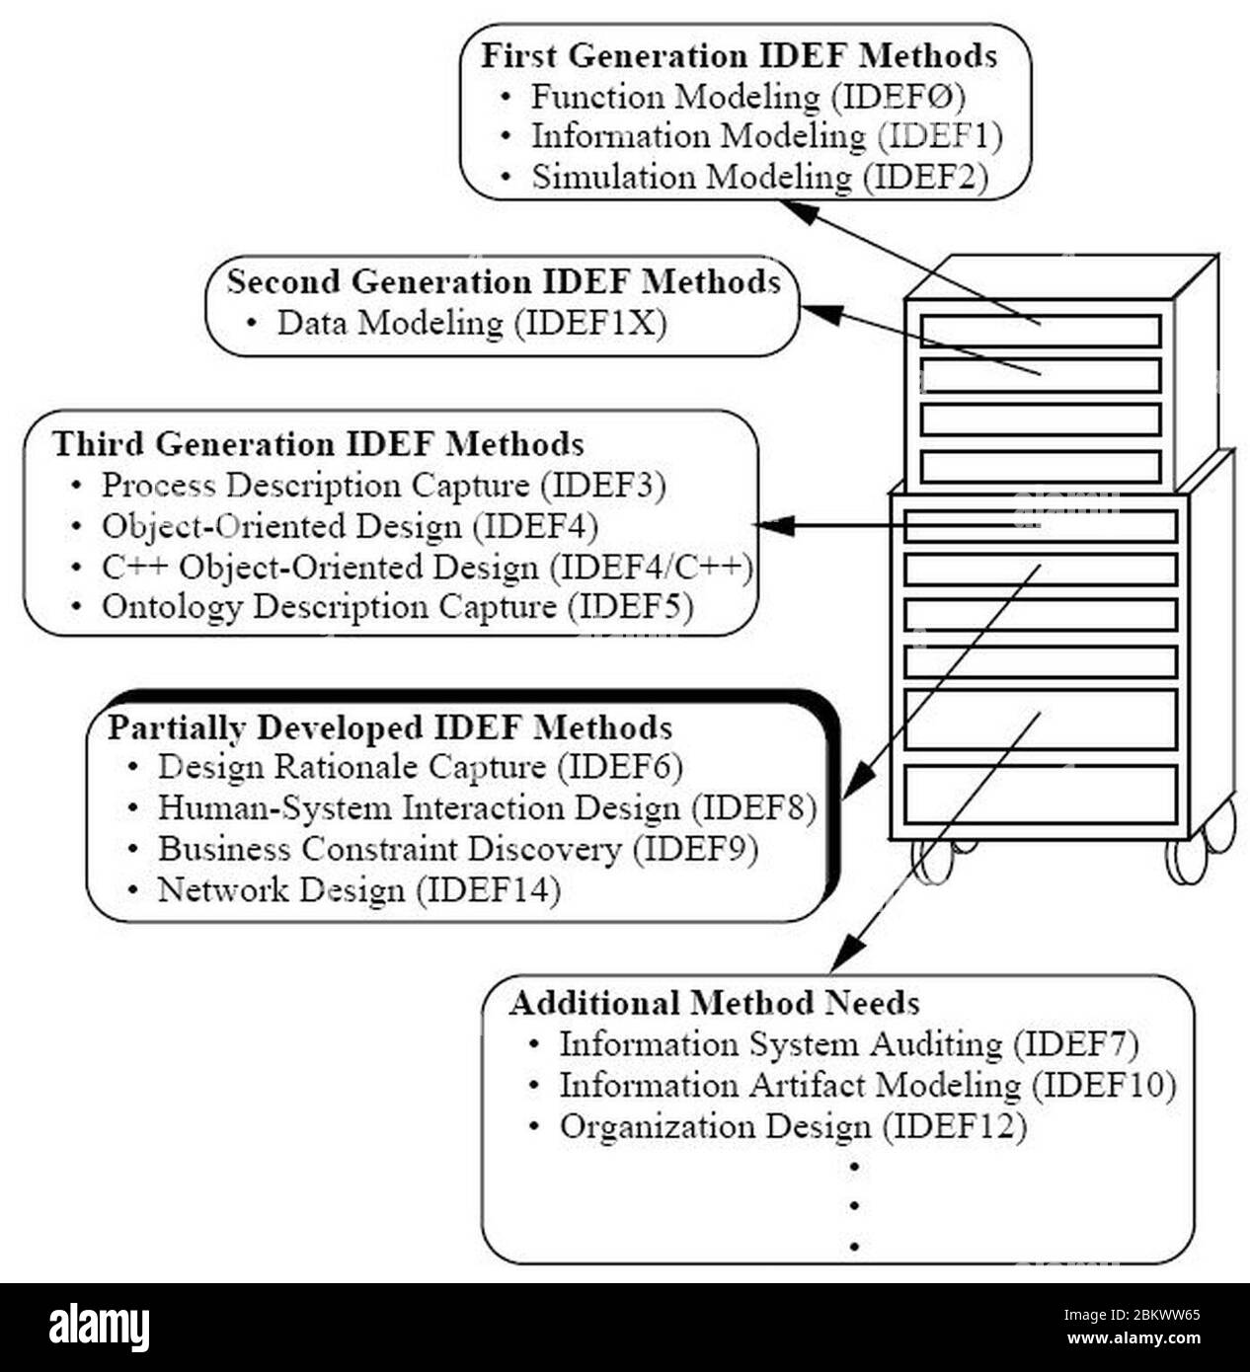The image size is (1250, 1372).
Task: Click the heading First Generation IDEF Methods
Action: [739, 55]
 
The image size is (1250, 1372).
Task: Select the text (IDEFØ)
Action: [898, 97]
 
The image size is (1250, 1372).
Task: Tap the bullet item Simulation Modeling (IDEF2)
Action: [759, 178]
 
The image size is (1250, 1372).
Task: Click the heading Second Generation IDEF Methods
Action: [504, 282]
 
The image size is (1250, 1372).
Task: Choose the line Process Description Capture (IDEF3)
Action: [383, 486]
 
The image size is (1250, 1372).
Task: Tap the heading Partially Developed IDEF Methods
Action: [390, 728]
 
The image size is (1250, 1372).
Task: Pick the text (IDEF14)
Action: [488, 890]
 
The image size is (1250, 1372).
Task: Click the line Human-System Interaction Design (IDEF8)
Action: [487, 808]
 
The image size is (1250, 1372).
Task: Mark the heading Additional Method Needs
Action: [715, 1004]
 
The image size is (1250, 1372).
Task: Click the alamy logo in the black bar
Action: [99, 1326]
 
